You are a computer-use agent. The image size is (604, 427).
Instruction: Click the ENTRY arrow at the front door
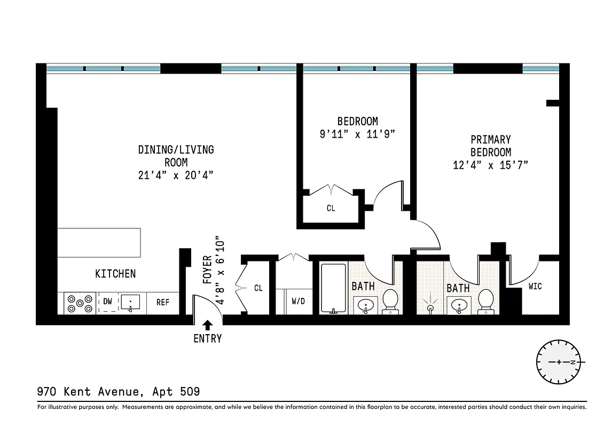[x=207, y=323]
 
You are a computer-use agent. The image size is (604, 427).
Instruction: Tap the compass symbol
[x=559, y=362]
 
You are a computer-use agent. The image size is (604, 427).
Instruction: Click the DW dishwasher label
[x=108, y=302]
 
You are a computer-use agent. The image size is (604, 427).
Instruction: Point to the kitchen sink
[x=130, y=303]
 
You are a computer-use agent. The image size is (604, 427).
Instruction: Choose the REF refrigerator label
[x=162, y=302]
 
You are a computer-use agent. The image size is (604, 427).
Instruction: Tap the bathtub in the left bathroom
[x=334, y=288]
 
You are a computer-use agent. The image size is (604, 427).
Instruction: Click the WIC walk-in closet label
[x=535, y=287]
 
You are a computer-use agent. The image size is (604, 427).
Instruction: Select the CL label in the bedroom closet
[x=331, y=208]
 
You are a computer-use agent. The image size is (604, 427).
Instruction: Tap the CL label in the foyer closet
[x=258, y=288]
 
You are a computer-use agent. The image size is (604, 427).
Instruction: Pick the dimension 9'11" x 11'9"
[x=357, y=134]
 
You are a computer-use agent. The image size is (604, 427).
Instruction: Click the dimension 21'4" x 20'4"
[x=176, y=175]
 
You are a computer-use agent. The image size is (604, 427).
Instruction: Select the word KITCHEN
[x=115, y=274]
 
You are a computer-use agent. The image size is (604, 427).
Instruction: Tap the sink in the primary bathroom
[x=458, y=306]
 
